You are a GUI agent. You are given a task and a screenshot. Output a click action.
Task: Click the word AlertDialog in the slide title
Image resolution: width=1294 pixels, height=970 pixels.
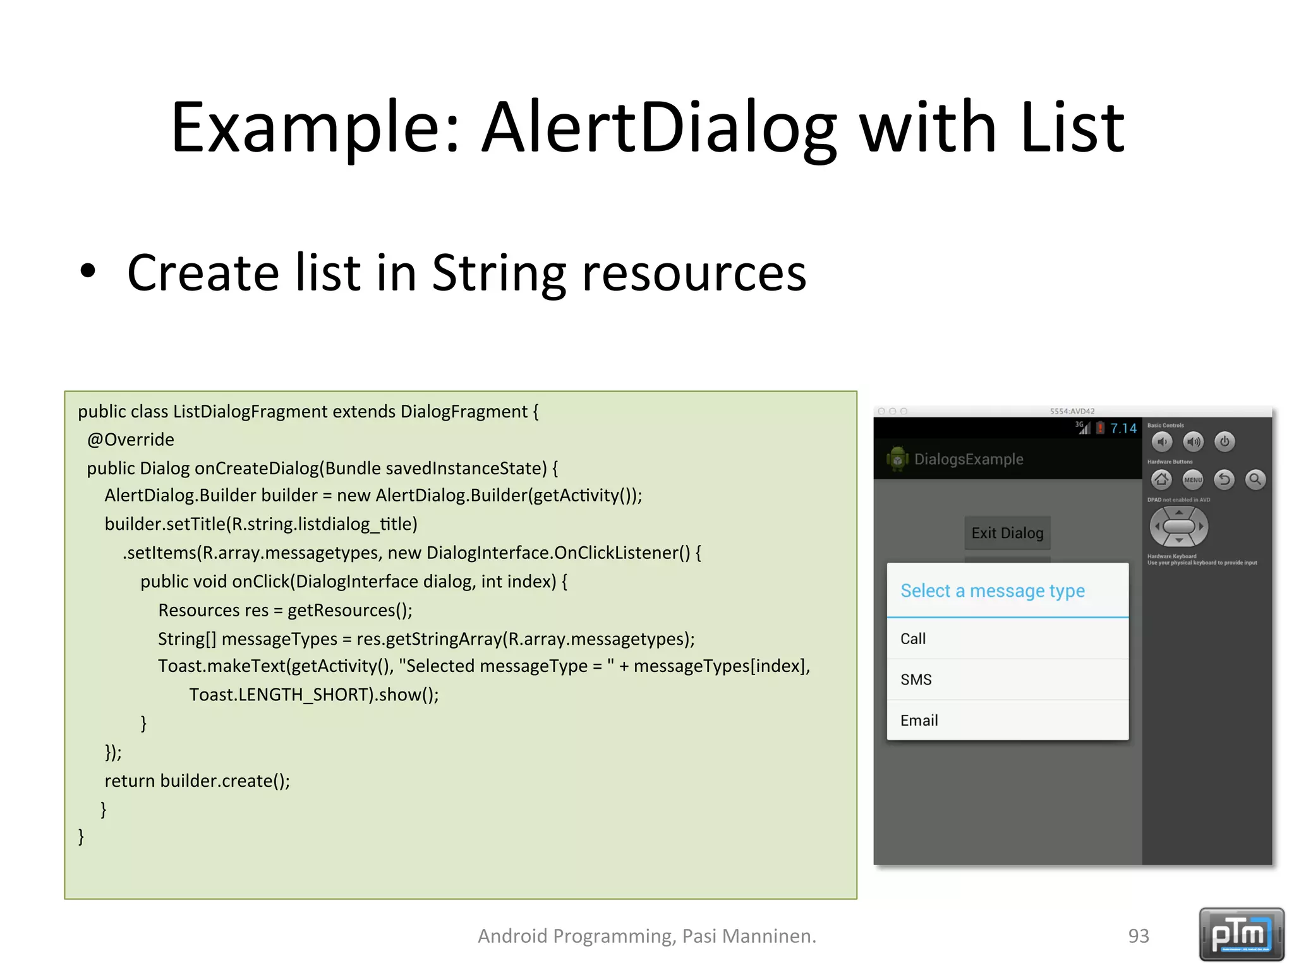click(659, 128)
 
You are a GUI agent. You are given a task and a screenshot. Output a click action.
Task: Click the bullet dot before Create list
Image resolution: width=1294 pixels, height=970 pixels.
click(88, 272)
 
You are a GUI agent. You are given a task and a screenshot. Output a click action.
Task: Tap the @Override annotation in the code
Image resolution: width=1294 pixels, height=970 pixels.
click(131, 440)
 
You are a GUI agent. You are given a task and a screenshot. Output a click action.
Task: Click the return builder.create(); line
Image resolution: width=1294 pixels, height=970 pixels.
click(197, 781)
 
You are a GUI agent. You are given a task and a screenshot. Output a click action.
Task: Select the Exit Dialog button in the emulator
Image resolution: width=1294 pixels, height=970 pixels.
click(1007, 533)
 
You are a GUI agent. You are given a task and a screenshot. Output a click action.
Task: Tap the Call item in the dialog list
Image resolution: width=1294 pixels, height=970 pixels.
click(913, 638)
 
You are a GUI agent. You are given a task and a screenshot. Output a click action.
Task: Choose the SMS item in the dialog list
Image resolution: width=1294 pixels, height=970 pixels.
click(916, 680)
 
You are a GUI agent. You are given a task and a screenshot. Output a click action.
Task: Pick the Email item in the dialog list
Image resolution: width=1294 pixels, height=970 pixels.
click(919, 721)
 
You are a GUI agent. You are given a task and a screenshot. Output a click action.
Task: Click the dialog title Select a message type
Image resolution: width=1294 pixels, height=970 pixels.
click(992, 591)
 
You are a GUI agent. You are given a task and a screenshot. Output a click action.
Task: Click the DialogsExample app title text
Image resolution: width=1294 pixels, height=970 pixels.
click(969, 459)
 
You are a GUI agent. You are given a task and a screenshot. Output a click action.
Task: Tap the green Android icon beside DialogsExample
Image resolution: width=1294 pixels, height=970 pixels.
click(897, 459)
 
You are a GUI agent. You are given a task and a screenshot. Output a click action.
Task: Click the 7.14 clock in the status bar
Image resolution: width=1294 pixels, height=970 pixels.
click(1123, 429)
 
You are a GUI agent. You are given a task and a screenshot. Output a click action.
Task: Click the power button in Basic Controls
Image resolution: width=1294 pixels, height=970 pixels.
click(1224, 441)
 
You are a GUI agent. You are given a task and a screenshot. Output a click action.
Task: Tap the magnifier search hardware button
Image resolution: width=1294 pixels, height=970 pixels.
click(1255, 480)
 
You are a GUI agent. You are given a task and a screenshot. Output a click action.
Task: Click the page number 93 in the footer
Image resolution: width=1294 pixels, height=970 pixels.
click(1139, 936)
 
